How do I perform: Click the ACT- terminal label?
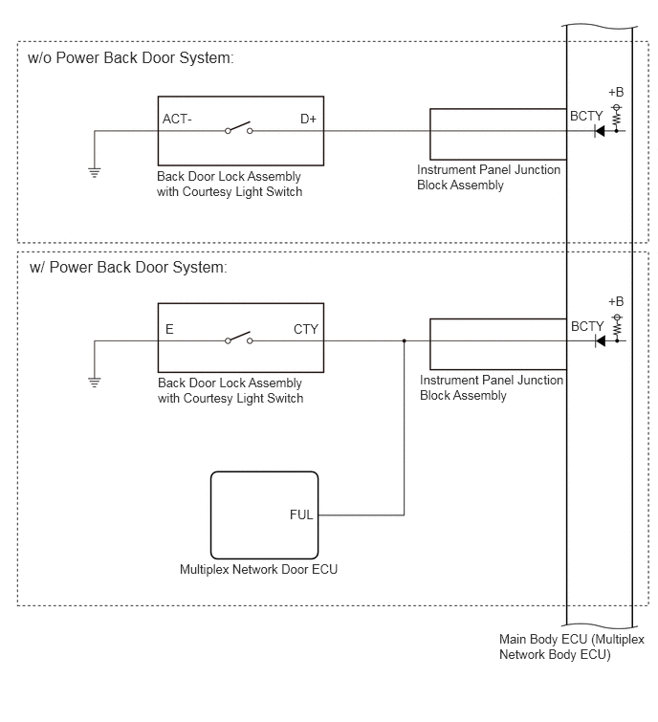click(177, 119)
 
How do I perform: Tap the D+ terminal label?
click(308, 119)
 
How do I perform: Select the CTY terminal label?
click(306, 329)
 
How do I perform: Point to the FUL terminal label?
click(301, 514)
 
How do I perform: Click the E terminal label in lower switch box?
click(169, 329)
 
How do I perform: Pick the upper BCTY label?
click(586, 116)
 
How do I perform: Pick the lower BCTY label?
click(587, 326)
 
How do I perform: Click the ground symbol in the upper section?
click(95, 173)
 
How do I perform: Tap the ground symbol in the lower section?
click(95, 383)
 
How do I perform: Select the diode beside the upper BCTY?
click(599, 131)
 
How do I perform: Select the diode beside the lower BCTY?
click(600, 341)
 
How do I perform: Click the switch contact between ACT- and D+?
click(238, 128)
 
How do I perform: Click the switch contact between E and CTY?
click(238, 338)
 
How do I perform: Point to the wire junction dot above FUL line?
click(405, 340)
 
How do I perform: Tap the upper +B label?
click(616, 92)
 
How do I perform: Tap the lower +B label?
click(616, 301)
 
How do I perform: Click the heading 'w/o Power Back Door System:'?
click(131, 58)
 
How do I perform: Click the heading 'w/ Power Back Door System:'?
click(128, 268)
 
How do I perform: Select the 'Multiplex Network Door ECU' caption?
click(259, 570)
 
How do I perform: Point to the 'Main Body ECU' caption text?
click(543, 639)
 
